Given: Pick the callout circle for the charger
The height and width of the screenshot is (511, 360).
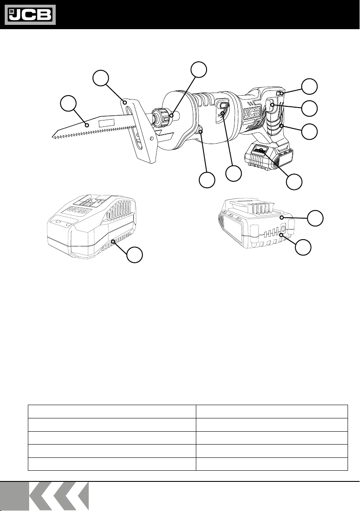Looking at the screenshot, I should [x=135, y=256].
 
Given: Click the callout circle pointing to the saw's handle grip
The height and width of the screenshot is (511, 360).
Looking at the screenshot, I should [x=309, y=131].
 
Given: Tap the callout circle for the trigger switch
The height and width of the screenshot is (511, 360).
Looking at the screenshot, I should [x=309, y=108].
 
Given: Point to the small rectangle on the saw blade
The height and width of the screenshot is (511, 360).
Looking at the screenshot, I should [x=107, y=123].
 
